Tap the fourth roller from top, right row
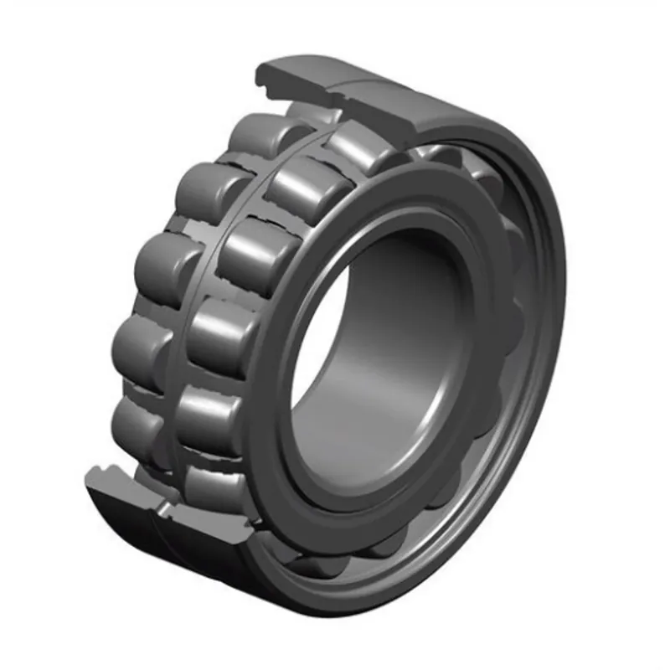222,331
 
